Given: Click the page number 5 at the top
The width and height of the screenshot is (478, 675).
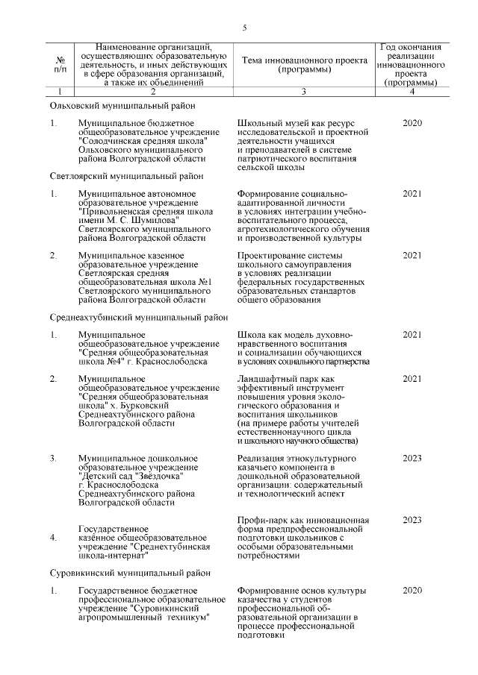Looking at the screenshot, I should pos(243,28).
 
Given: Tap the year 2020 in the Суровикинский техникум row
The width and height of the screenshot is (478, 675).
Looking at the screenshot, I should pos(412,590).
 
